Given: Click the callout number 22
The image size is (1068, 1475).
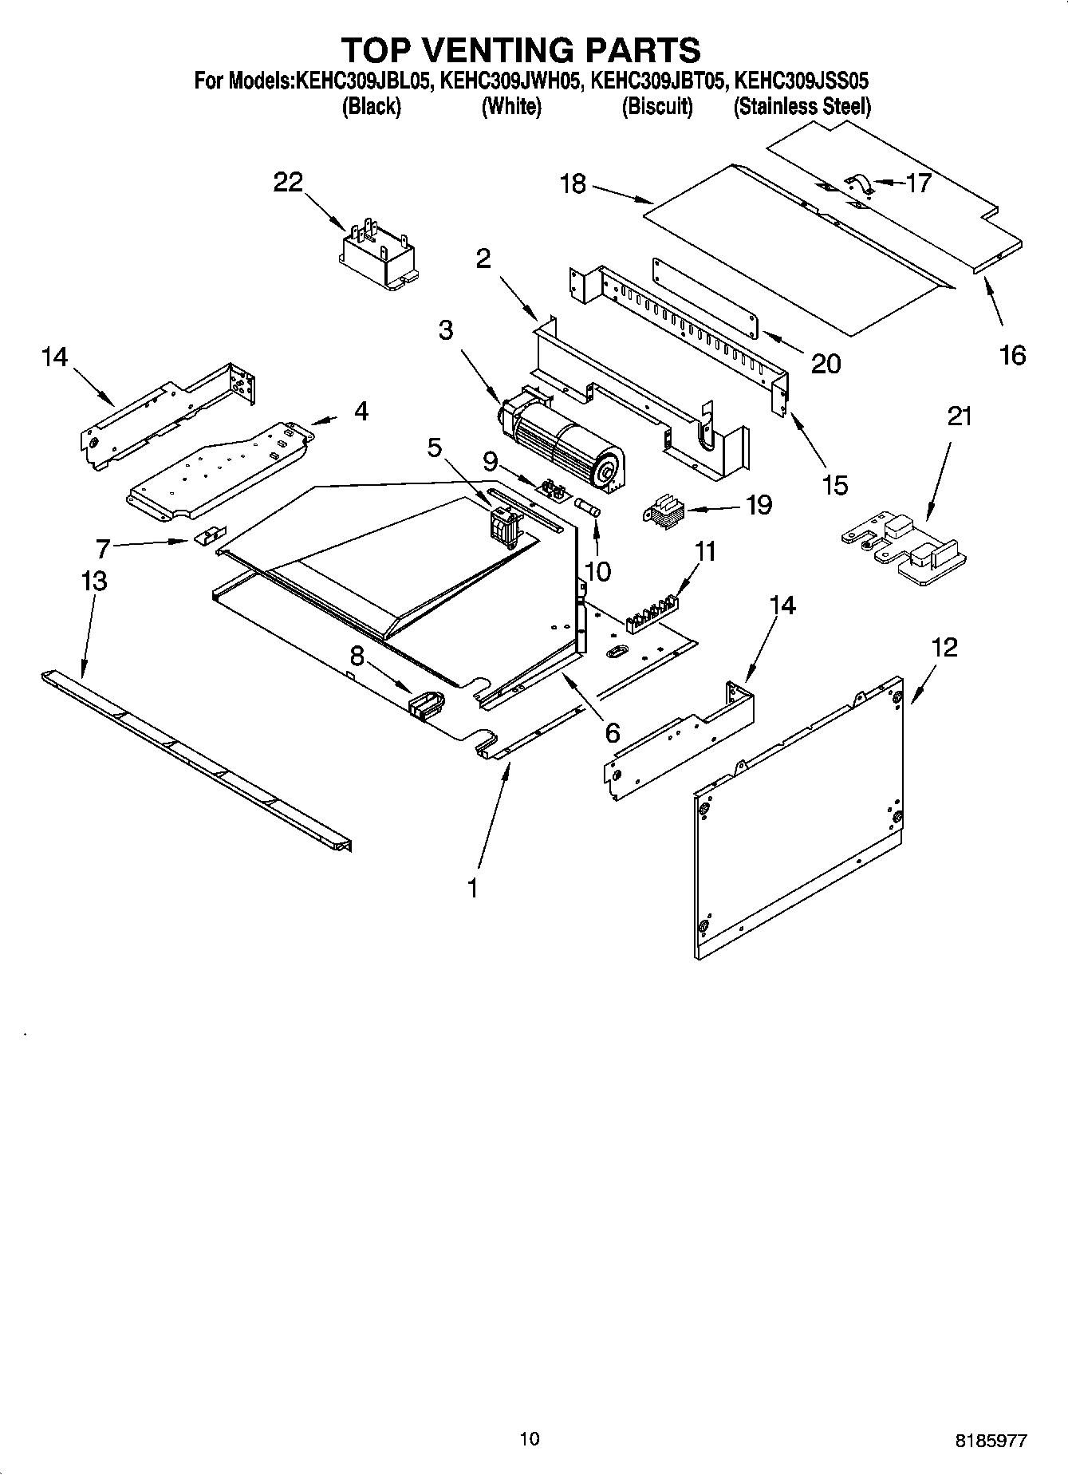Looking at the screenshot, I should click(288, 183).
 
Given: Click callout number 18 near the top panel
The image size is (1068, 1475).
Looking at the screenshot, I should click(573, 184).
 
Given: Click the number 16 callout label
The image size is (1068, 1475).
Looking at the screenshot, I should click(1012, 355).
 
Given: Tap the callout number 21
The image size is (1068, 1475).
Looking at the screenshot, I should click(960, 416).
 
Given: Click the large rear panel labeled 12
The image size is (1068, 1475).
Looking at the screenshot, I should click(798, 822).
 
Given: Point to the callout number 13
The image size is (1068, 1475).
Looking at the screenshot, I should click(94, 581).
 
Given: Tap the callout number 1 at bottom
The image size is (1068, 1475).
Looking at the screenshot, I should click(472, 887).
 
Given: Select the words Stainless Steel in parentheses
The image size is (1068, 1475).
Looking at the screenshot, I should click(802, 106).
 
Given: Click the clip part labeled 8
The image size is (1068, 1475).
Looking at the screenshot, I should click(426, 704).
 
